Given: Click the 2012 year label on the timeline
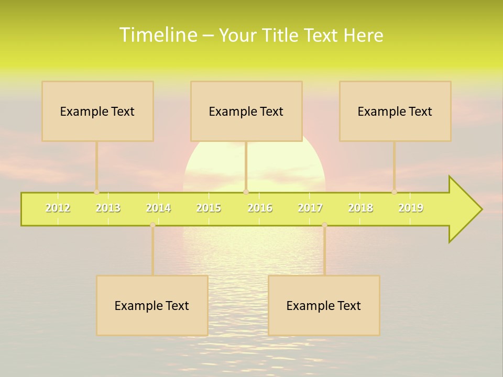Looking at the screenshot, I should (x=58, y=208).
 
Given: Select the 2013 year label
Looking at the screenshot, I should (x=108, y=208).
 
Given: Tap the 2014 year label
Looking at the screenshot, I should (x=158, y=208).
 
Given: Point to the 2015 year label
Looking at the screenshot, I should (x=209, y=208).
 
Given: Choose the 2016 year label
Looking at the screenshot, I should (x=260, y=208).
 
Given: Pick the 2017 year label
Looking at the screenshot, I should (x=310, y=208).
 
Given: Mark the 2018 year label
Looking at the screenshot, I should (x=360, y=208).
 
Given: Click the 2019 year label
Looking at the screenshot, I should (x=411, y=208).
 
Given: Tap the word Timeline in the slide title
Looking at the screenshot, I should (x=158, y=35).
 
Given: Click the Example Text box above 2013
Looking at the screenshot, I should (x=97, y=111).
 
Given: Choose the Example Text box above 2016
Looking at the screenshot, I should (x=246, y=111).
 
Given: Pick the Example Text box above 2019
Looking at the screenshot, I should (x=395, y=111).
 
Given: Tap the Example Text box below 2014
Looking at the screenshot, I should (x=152, y=305).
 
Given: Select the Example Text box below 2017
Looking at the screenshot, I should (x=324, y=305).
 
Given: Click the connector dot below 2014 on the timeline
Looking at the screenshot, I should (x=152, y=225).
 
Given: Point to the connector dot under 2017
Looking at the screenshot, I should (x=324, y=225).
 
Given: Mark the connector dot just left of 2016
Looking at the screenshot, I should (x=246, y=192).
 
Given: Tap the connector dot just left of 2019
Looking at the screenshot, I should (x=394, y=192).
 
